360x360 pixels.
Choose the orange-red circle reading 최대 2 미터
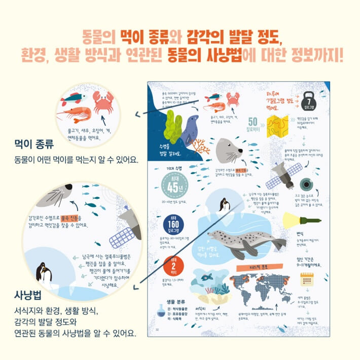172,265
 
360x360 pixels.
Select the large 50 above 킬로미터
255,121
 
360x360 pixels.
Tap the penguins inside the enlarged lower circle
44,275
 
